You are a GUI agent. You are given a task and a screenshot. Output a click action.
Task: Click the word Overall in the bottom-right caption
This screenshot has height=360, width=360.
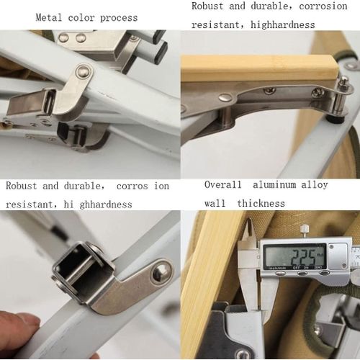222,185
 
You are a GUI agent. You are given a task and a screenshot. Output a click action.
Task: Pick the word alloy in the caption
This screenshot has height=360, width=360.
314,185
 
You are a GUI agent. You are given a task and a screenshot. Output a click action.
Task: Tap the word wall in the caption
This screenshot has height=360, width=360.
215,204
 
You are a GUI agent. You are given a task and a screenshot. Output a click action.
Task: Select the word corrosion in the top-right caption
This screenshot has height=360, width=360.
320,6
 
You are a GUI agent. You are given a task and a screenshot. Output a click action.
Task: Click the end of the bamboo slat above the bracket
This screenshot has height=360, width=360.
259,68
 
